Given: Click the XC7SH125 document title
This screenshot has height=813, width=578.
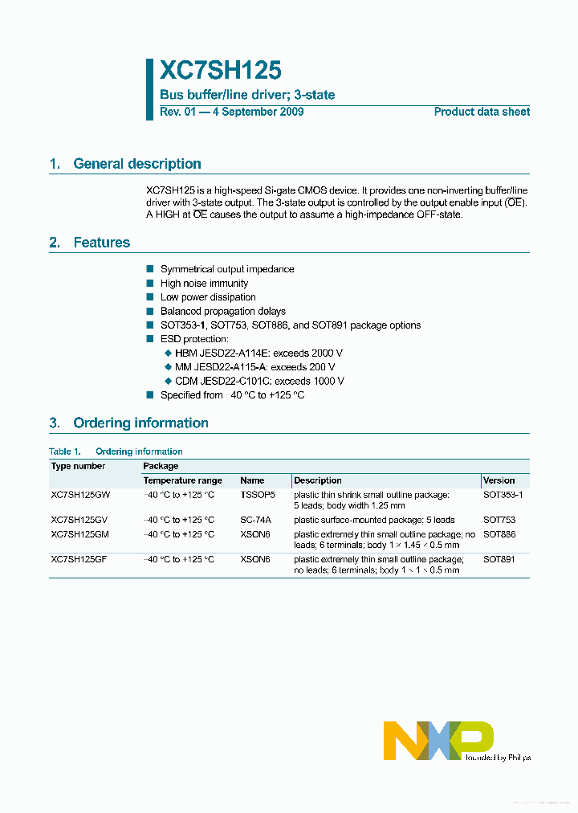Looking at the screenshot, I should [x=221, y=71].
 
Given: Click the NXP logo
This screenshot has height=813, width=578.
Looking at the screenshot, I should [x=438, y=740].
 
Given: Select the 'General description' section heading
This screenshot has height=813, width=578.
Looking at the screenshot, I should [x=136, y=164].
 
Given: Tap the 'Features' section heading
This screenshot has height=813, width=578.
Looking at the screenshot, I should [x=101, y=243].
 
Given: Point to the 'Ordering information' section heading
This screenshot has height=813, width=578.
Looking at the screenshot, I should [x=140, y=423].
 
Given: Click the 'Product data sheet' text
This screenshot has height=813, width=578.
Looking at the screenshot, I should [x=482, y=112].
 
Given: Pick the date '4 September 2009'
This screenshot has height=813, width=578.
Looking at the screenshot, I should [x=258, y=112].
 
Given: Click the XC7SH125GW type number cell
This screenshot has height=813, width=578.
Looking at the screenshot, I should [x=81, y=495].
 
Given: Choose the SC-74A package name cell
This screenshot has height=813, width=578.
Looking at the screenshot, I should [x=255, y=520].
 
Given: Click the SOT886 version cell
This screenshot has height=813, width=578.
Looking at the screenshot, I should [x=499, y=534].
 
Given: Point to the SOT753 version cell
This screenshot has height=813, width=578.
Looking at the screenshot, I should [x=499, y=520].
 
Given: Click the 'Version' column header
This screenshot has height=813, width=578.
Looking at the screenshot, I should [x=499, y=480].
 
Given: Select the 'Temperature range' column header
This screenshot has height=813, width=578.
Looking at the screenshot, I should [x=182, y=480].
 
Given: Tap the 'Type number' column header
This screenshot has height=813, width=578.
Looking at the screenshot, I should [x=78, y=466].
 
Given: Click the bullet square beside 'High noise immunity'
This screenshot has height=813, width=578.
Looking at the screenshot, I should [x=150, y=284].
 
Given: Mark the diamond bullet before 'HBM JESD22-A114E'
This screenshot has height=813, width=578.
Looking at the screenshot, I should [x=168, y=353].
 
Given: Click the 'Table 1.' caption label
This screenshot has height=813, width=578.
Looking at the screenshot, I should [x=65, y=451].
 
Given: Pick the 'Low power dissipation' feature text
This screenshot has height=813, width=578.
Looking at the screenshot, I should [x=208, y=297].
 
